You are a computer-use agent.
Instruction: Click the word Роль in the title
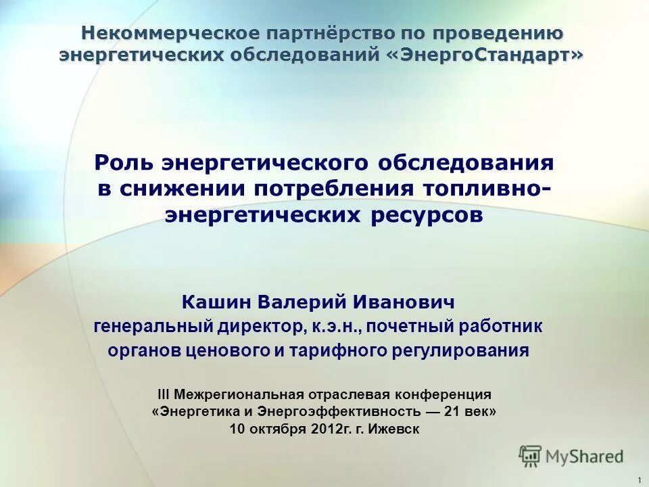click(124, 162)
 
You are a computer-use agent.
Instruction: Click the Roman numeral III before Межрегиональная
click(164, 394)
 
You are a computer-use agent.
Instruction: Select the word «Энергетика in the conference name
click(195, 411)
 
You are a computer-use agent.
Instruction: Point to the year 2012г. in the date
click(327, 429)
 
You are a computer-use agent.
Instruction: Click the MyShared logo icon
click(531, 455)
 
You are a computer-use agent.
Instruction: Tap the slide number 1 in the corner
click(639, 480)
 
